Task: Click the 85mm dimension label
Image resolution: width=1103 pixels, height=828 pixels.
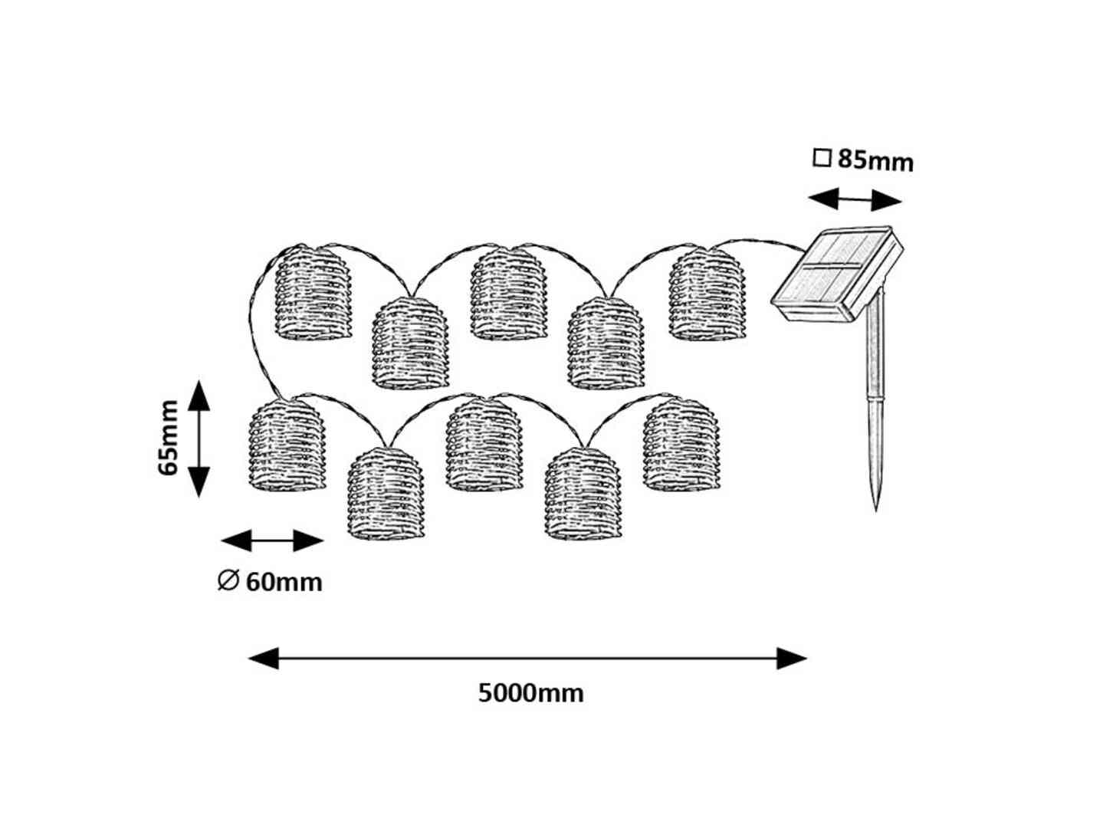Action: pos(875,160)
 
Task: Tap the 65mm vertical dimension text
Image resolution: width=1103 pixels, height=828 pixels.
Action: pos(169,438)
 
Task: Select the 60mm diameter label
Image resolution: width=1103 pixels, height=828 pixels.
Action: pos(284,583)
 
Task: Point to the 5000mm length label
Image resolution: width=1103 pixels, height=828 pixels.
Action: pos(530,693)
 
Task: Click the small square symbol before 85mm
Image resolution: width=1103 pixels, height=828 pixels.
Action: pos(822,159)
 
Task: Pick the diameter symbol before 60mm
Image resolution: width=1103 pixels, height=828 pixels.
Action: pos(228,581)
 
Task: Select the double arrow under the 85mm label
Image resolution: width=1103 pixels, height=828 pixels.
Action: pos(855,201)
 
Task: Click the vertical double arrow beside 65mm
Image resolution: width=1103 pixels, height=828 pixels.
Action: pos(199,438)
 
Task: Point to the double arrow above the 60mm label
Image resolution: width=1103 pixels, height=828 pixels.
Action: pos(272,540)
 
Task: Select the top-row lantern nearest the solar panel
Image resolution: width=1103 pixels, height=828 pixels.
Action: pos(707,294)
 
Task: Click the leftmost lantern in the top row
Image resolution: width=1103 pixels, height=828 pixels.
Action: pos(313,292)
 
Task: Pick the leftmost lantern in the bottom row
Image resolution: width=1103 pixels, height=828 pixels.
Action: pos(287,445)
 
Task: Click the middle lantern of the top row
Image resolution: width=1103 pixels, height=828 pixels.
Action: pos(509,294)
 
